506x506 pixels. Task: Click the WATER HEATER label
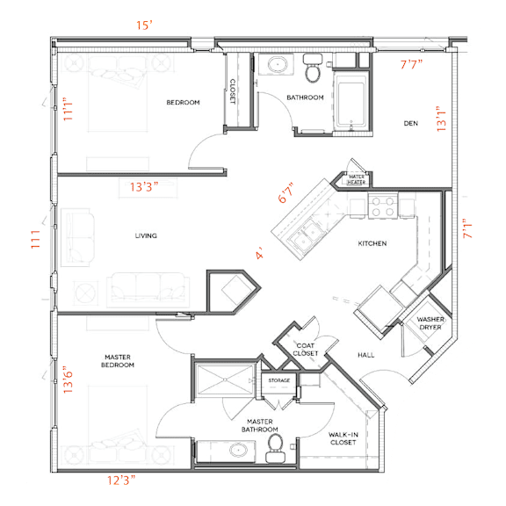point(357,179)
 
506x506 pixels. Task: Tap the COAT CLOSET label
point(306,350)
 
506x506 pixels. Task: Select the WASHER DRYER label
point(430,323)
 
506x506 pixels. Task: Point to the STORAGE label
point(279,380)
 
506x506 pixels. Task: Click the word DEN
point(411,123)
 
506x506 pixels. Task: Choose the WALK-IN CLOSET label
point(343,438)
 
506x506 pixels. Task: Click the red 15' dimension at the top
point(144,25)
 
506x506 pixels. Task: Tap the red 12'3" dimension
point(121,481)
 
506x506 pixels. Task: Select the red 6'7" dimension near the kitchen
point(286,193)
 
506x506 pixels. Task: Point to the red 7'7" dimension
point(411,64)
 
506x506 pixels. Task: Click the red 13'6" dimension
point(69,379)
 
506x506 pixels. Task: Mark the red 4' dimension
point(260,253)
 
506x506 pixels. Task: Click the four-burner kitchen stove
point(383,206)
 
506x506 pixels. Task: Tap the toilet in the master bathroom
point(276,449)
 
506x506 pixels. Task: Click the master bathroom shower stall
point(225,379)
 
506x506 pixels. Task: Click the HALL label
point(366,355)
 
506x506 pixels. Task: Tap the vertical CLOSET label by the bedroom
point(232,91)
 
